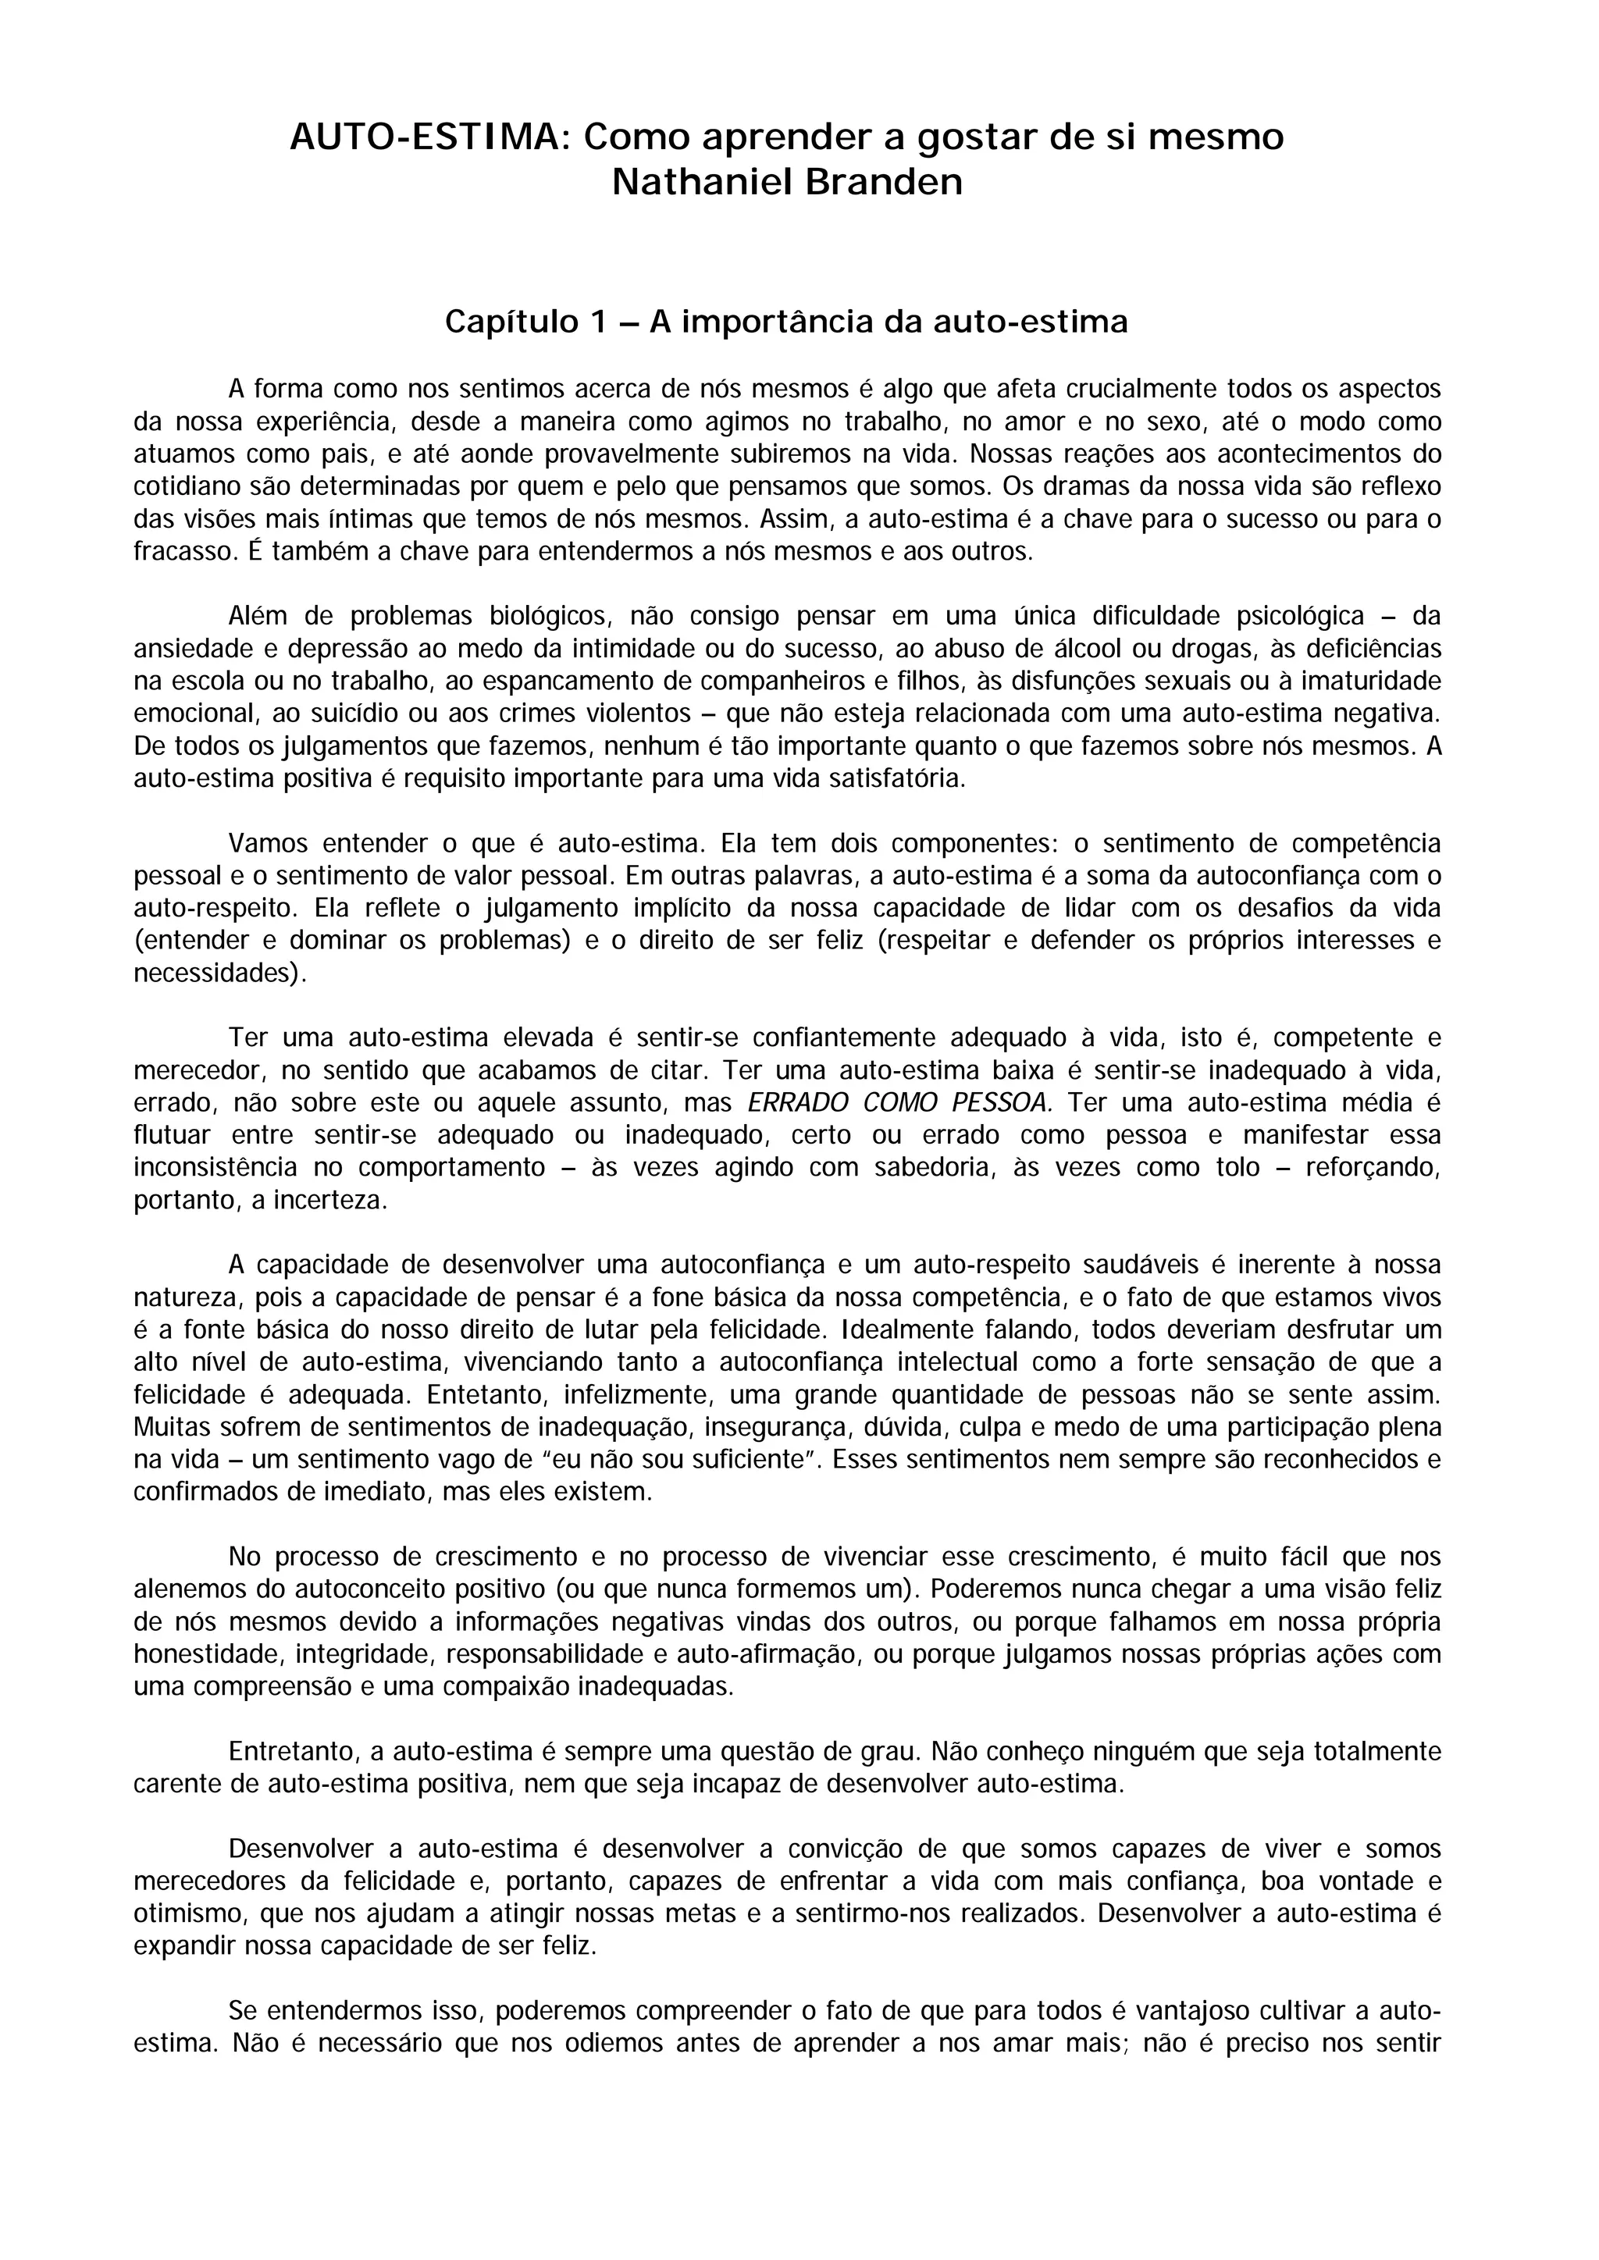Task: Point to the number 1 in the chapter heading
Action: coord(600,322)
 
